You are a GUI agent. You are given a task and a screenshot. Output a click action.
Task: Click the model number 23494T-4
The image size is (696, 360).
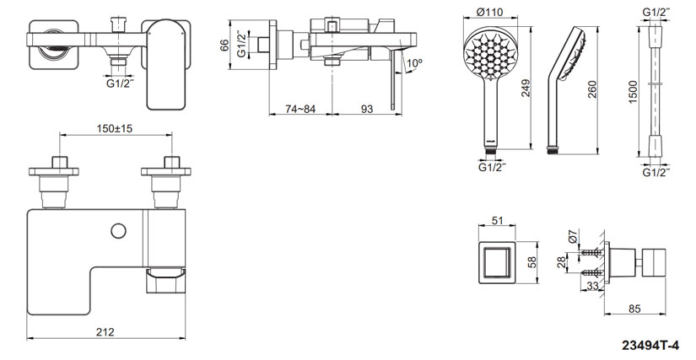655,346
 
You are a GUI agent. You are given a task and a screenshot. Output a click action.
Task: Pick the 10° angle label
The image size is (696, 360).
413,64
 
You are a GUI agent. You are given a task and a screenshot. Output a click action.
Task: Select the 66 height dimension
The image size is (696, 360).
225,46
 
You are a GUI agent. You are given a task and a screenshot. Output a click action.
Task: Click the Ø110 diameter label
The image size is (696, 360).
490,12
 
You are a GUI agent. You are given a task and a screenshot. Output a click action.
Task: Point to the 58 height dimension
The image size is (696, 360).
531,263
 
